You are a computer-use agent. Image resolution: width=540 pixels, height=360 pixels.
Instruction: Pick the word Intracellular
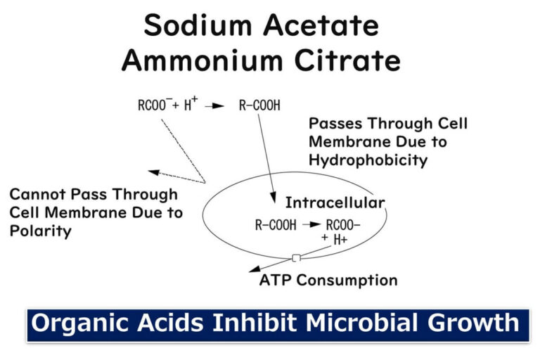point(335,203)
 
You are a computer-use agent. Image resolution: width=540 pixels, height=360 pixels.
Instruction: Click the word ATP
point(275,280)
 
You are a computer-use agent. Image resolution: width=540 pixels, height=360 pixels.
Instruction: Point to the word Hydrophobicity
point(368,160)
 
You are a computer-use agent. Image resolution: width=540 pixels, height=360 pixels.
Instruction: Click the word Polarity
point(40,231)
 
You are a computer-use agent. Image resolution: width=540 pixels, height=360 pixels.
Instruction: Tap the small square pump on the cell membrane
point(297,258)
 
